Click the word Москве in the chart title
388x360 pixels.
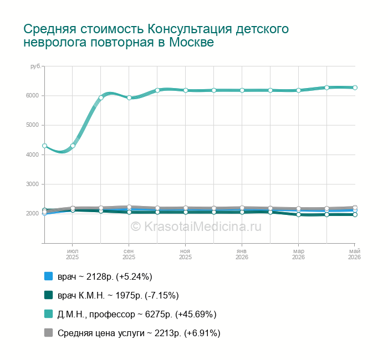191,42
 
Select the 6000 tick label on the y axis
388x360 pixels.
32,96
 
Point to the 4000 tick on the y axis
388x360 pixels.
32,155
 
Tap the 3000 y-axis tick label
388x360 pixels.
32,184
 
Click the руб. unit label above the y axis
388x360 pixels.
35,66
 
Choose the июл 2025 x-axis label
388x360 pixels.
73,254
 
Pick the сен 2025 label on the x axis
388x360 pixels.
129,254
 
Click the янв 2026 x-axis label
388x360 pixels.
242,254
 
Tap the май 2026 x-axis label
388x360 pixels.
354,254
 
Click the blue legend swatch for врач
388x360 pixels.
49,276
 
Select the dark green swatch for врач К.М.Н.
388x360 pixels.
49,295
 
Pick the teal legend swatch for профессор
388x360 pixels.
49,314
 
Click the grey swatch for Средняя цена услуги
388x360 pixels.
49,333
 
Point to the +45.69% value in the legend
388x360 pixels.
196,314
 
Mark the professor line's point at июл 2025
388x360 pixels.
73,146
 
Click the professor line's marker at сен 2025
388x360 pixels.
129,97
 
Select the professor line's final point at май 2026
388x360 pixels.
355,88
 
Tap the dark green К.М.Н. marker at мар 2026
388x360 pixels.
298,215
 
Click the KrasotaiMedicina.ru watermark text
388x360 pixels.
196,227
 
